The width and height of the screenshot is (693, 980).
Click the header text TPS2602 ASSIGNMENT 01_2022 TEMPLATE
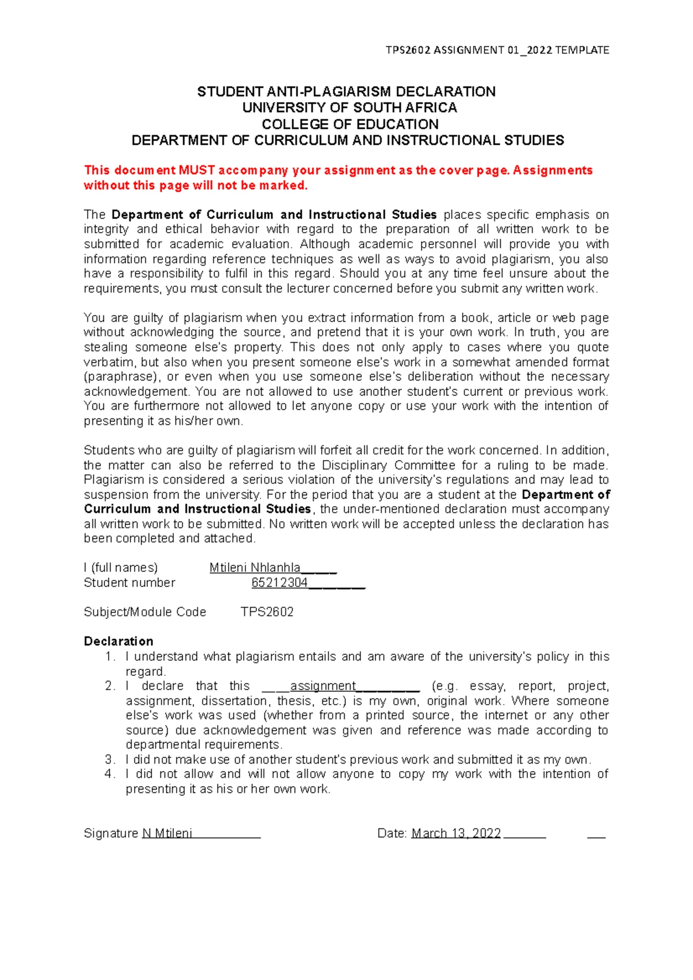click(x=497, y=50)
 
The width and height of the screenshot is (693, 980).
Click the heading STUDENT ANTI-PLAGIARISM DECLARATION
click(x=346, y=92)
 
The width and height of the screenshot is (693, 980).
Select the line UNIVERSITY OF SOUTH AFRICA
click(x=349, y=108)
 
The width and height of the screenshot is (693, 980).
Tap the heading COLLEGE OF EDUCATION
click(x=350, y=124)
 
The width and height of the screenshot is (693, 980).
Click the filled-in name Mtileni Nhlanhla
click(x=255, y=568)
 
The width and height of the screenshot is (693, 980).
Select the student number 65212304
click(x=280, y=583)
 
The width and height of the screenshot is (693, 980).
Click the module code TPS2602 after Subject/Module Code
click(x=267, y=612)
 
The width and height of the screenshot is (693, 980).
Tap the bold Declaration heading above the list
click(x=118, y=642)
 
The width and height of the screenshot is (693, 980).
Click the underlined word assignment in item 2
click(x=323, y=686)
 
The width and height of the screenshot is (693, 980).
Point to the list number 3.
click(x=110, y=760)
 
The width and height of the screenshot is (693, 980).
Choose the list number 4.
click(x=110, y=775)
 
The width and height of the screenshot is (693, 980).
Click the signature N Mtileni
click(x=167, y=833)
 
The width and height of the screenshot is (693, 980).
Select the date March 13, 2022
click(x=456, y=833)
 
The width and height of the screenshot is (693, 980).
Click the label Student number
click(x=129, y=583)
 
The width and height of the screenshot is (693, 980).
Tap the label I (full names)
click(x=121, y=568)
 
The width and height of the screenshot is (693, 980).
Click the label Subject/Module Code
click(x=145, y=612)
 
